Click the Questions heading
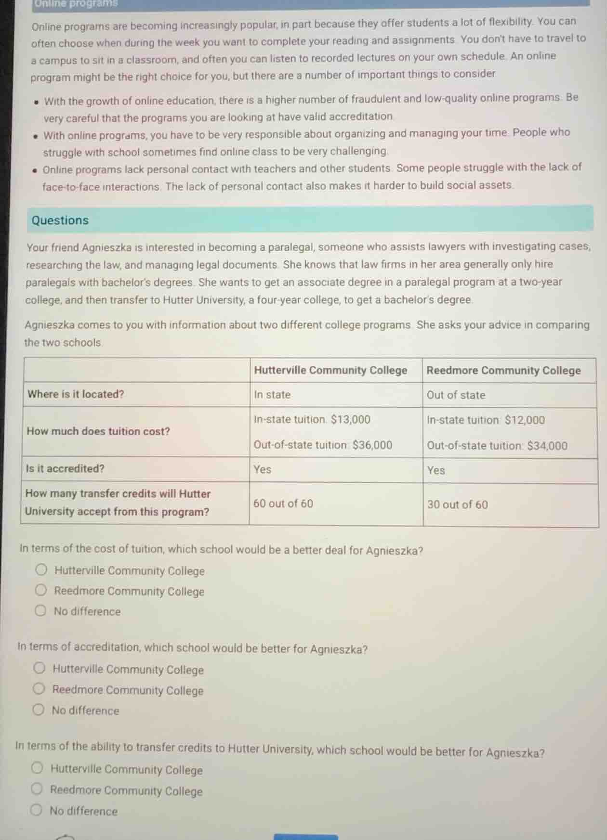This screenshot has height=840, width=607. (x=60, y=220)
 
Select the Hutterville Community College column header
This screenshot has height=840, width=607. (x=330, y=370)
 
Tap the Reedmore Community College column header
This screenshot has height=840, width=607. (x=503, y=371)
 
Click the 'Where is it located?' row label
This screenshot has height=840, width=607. (x=76, y=394)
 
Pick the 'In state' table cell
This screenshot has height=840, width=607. (x=272, y=395)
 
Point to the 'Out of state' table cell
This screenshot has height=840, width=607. (x=456, y=395)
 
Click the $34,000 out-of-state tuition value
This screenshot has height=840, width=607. (x=547, y=446)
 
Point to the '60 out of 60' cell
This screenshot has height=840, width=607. (x=283, y=504)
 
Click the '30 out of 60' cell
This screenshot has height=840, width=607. (x=457, y=504)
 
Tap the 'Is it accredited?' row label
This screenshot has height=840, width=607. (x=65, y=468)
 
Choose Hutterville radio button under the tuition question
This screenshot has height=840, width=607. (x=41, y=570)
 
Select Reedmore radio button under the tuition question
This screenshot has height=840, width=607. (x=41, y=590)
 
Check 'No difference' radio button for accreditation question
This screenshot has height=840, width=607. (x=39, y=710)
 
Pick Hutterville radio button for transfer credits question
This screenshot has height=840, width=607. (x=37, y=768)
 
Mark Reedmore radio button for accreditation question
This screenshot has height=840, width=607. (x=39, y=689)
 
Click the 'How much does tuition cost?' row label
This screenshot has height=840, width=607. (x=98, y=431)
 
